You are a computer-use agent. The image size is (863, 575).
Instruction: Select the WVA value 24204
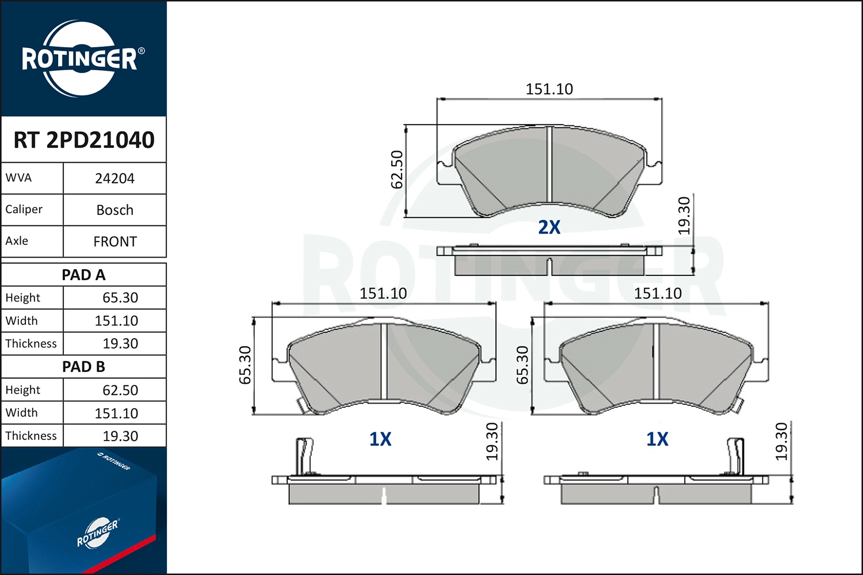pos(114,178)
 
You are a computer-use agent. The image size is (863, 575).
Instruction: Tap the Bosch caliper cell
pos(115,210)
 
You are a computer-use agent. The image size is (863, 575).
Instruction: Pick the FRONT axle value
pos(115,241)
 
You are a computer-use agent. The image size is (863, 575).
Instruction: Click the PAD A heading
pos(83,275)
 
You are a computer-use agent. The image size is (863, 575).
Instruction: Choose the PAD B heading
pos(83,367)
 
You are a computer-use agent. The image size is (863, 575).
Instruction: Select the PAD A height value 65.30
pos(120,298)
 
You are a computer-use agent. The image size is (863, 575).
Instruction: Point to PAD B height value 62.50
pos(120,390)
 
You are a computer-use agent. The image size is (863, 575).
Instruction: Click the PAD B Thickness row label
pos(31,436)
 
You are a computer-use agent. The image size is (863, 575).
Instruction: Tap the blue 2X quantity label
pos(549,227)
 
